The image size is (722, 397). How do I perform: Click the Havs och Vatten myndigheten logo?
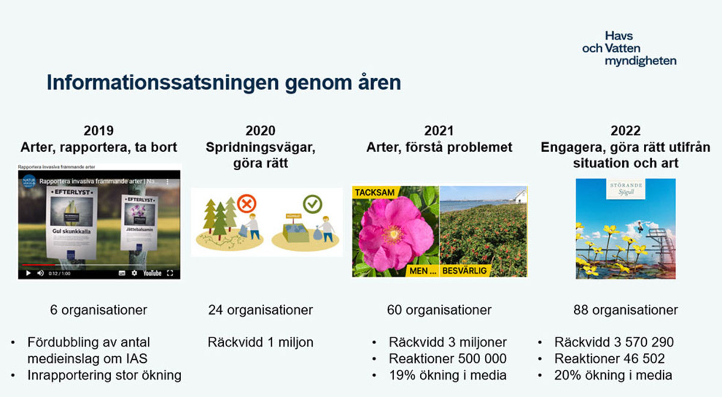(x=629, y=48)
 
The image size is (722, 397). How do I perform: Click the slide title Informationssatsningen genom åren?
(x=224, y=82)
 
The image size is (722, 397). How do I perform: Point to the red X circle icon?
(x=245, y=205)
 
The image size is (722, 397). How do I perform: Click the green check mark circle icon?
(x=312, y=204)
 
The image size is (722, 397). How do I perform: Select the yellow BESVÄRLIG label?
(x=464, y=271)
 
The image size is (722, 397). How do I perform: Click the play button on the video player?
(x=27, y=272)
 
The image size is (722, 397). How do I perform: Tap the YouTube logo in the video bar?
(x=152, y=272)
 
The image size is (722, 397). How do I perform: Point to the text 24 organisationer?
(x=261, y=310)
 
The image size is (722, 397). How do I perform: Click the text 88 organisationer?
(x=625, y=310)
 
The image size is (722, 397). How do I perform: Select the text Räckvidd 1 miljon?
(x=261, y=342)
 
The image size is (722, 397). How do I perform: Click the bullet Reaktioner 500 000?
(x=447, y=359)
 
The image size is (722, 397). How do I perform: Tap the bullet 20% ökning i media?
(x=613, y=375)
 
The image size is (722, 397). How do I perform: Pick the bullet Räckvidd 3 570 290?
(x=614, y=342)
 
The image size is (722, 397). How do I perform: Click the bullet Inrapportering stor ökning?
(x=104, y=375)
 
